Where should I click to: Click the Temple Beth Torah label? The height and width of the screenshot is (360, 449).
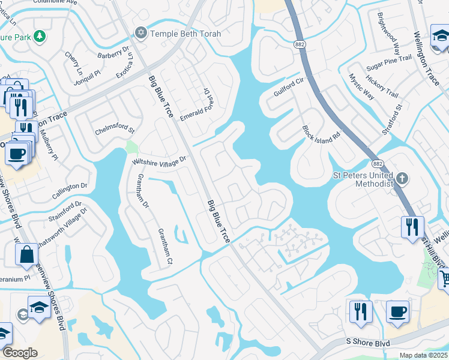(x=185, y=34)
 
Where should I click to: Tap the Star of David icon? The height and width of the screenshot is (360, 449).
(x=142, y=33)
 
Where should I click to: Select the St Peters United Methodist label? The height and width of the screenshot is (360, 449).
(x=363, y=179)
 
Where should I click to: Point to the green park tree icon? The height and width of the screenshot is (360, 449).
(x=40, y=37)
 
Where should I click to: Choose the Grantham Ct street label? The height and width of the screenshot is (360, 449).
(x=164, y=247)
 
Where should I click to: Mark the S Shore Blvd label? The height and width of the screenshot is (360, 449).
(x=368, y=343)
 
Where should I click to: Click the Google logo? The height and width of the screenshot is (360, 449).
(x=20, y=353)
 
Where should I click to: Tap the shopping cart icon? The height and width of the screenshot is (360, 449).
(x=445, y=278)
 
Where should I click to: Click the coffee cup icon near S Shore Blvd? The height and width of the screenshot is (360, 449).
(x=397, y=311)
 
